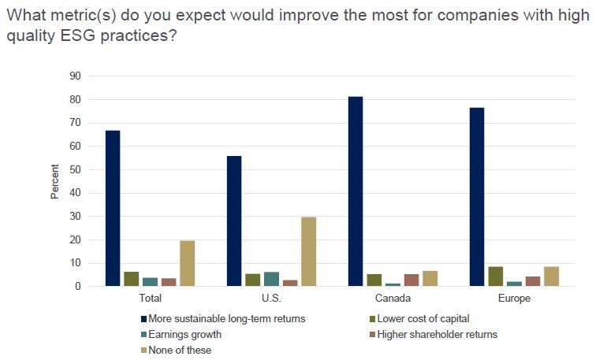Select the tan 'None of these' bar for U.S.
308,252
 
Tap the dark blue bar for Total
113,209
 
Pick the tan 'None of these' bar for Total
188,264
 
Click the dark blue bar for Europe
477,197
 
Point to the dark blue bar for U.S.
234,221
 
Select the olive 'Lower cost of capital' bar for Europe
496,276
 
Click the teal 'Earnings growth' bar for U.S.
271,279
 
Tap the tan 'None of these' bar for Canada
430,279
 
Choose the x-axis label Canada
393,299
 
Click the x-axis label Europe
514,299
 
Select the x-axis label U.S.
272,299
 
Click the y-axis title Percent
55,181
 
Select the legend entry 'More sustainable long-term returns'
225,319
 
